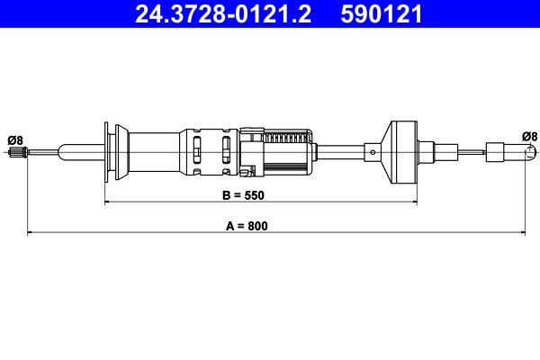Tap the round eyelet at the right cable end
529,152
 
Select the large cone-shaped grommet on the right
399,151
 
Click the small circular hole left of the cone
372,152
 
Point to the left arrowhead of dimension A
31,233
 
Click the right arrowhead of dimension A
526,233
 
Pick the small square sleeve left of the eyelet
496,152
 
